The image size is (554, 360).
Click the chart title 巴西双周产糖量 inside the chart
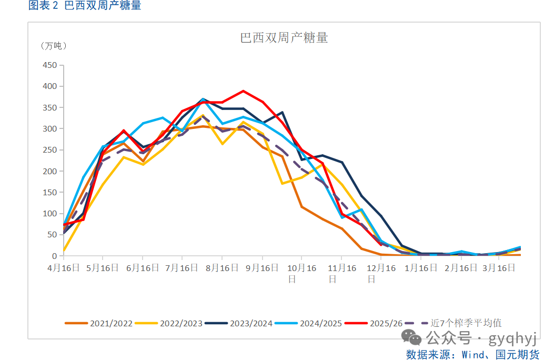coord(284,38)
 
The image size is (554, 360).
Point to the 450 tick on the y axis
coord(49,65)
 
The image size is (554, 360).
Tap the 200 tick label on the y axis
coord(49,171)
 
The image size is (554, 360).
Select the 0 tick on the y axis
coord(54,256)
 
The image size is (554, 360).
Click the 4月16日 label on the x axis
coord(63,267)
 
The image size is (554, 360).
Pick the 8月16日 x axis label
coord(221,267)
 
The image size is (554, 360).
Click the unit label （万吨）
coord(54,46)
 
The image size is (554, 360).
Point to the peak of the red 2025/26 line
coord(243,91)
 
